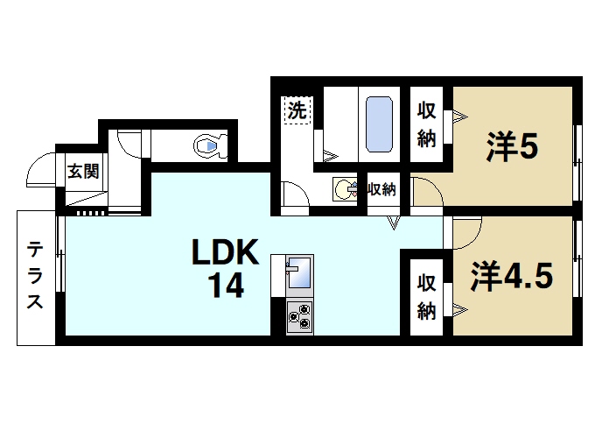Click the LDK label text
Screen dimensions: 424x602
(225, 253)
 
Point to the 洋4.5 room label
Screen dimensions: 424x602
(513, 277)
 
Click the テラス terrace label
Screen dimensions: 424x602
(35, 275)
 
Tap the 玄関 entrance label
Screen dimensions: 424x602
(84, 171)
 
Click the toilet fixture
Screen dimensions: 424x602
(208, 145)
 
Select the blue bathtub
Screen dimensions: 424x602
(378, 123)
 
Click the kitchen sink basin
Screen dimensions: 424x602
(298, 274)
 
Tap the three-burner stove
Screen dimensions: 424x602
(299, 315)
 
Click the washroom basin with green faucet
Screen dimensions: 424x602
(343, 188)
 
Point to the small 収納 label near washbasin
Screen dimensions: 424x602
(381, 188)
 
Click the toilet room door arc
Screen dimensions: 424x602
(128, 144)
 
